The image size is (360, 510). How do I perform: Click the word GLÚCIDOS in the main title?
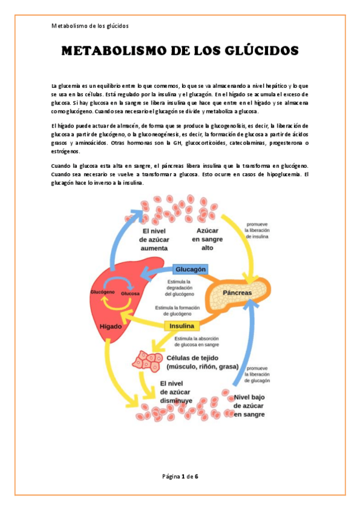[257, 51]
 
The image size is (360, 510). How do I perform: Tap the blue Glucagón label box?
[191, 269]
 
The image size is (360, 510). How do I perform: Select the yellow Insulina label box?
[183, 326]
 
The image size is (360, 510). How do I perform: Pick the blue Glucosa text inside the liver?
[130, 293]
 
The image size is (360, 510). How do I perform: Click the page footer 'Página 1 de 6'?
[180, 476]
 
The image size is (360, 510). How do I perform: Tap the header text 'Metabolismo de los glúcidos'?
[90, 26]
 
